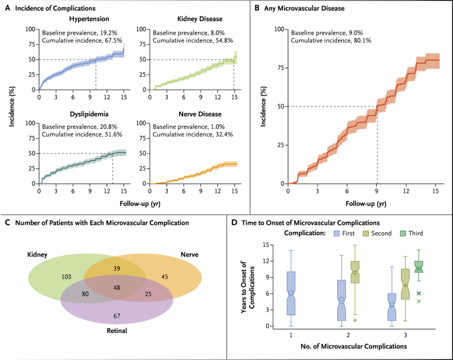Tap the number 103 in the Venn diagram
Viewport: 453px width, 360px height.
(x=67, y=277)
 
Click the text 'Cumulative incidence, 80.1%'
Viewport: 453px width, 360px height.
(x=331, y=40)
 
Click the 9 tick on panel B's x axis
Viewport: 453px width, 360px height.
(x=377, y=191)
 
